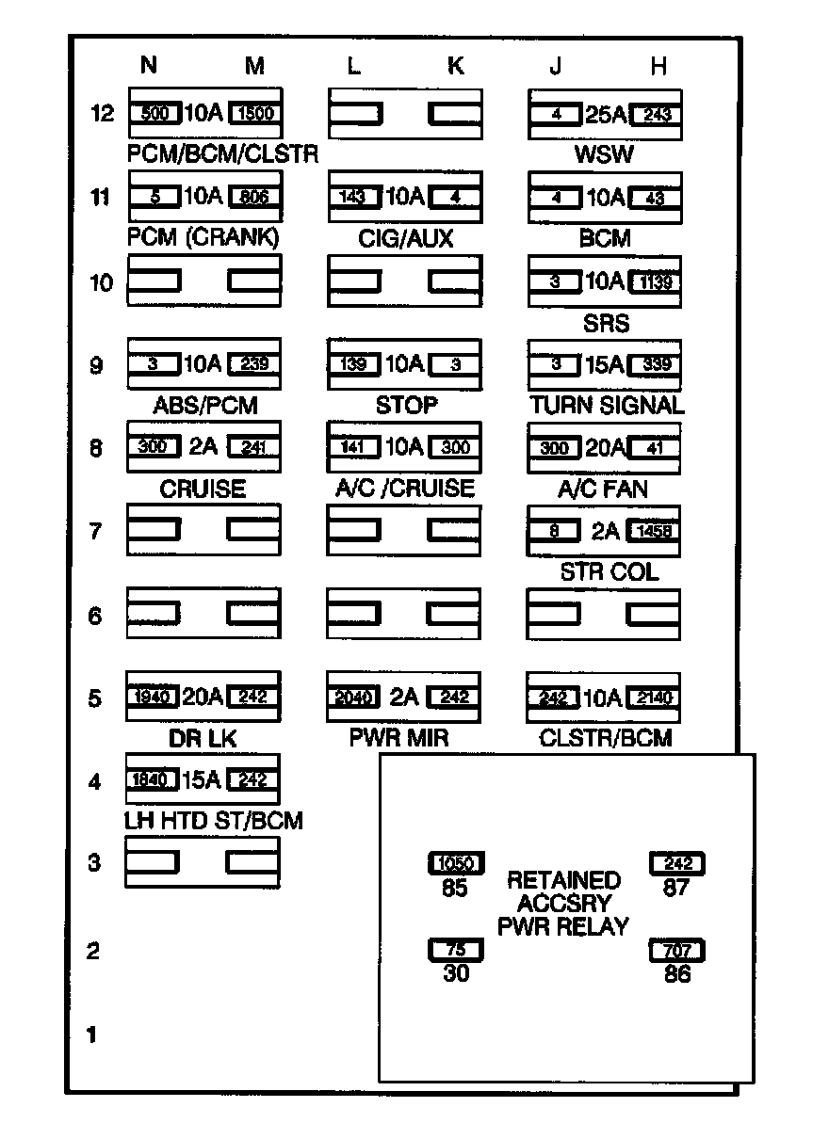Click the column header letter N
click(x=148, y=65)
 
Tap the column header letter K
click(x=455, y=65)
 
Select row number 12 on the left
click(x=102, y=114)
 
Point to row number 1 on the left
click(x=92, y=1035)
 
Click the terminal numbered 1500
click(x=254, y=114)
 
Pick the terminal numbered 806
click(x=254, y=198)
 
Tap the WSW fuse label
click(x=604, y=154)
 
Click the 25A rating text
click(x=604, y=114)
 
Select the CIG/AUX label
click(x=405, y=239)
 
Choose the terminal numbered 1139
click(x=655, y=281)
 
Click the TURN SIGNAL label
click(x=606, y=406)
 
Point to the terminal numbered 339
click(x=655, y=364)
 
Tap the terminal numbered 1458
click(x=655, y=531)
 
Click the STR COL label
click(x=608, y=572)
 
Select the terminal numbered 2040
click(x=353, y=698)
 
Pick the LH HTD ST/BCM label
click(x=214, y=821)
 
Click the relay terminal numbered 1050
click(x=456, y=863)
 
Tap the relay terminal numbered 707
click(x=676, y=951)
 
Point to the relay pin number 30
click(x=456, y=974)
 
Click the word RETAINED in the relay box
click(x=563, y=881)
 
